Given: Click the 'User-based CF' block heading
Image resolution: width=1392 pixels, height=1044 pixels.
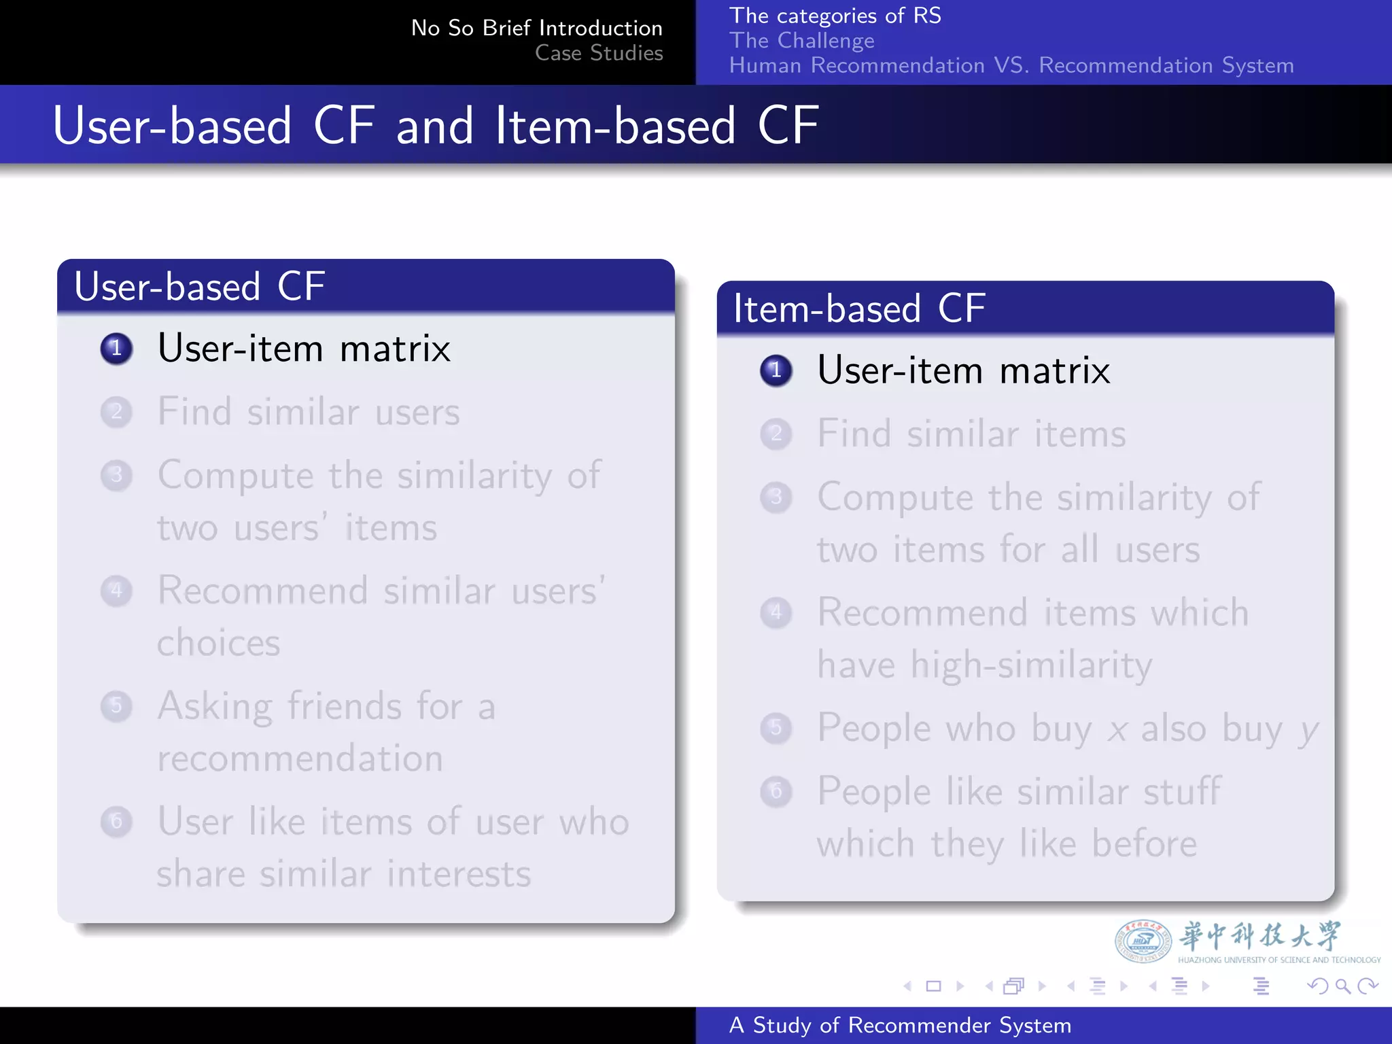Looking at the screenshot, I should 199,286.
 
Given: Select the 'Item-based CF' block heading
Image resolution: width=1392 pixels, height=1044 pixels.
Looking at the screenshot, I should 859,309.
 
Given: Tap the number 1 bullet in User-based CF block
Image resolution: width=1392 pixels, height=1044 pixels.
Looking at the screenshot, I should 116,349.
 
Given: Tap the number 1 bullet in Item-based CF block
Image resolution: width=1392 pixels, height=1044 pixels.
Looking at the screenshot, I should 776,370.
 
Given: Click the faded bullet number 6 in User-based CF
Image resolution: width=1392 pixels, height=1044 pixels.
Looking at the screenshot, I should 116,821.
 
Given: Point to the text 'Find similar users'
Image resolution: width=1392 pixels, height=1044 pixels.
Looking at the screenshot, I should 309,412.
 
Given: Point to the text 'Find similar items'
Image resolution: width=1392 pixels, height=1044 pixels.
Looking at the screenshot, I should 971,434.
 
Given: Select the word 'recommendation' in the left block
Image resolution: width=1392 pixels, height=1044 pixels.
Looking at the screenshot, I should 300,758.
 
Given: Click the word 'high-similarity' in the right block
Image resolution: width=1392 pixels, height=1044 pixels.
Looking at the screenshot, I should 1031,665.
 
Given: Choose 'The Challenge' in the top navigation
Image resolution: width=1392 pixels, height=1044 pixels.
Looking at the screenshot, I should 801,41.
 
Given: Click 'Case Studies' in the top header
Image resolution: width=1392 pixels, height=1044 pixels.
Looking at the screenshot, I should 598,53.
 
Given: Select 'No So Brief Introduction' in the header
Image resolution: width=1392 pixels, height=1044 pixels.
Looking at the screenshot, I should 536,28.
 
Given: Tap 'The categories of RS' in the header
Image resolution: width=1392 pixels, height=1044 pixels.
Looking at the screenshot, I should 835,16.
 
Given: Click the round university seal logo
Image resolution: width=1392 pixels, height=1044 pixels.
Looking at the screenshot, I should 1143,941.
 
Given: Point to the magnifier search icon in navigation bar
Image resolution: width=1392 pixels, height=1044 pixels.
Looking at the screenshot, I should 1342,986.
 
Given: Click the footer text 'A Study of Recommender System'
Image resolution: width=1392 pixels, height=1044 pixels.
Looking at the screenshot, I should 900,1025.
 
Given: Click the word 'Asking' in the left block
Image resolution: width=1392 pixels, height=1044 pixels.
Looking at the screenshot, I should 215,707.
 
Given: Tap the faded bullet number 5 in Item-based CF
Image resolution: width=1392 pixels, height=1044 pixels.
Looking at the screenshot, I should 776,728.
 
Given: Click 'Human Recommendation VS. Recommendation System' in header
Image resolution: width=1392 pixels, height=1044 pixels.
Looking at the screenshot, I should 1011,65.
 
